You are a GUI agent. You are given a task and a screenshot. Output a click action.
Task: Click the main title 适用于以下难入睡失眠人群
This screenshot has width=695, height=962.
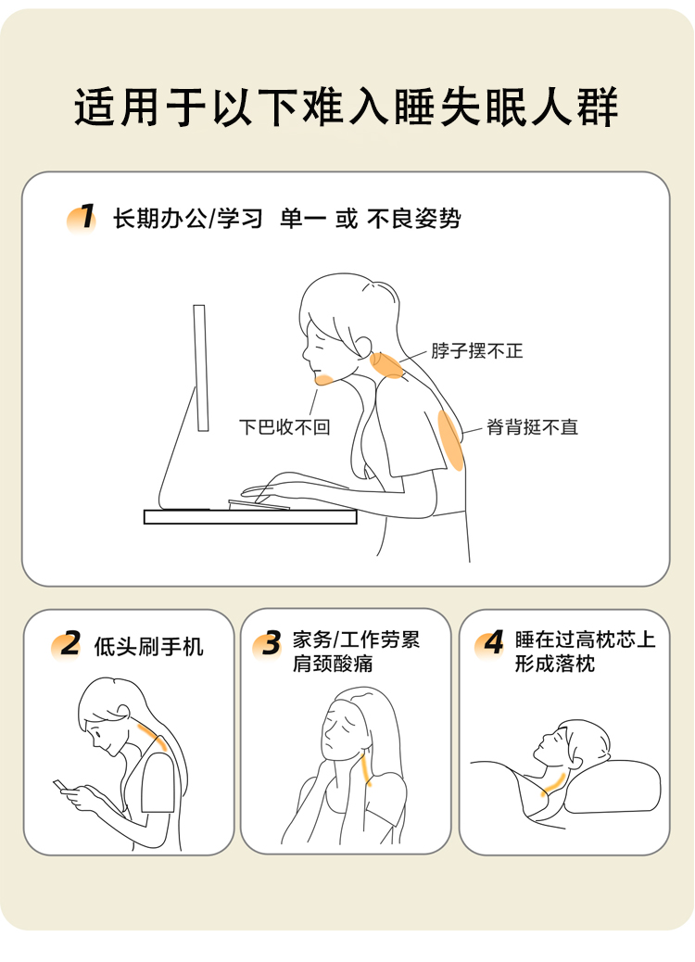(347, 107)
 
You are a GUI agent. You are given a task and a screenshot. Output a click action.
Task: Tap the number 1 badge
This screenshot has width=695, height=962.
(82, 219)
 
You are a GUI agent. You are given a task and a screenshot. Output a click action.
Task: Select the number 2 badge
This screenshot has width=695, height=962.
(66, 645)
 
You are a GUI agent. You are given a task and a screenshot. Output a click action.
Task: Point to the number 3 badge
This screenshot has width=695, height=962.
(268, 644)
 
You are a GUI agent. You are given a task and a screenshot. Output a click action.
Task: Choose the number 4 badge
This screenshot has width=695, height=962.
(490, 643)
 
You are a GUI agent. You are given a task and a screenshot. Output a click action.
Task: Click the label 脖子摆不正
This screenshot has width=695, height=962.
(476, 351)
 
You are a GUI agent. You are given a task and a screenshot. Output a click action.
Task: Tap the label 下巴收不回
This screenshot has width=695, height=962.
(284, 426)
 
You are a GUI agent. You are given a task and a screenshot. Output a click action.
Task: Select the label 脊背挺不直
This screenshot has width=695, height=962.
(533, 427)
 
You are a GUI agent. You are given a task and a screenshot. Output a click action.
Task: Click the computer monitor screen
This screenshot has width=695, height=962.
(200, 368)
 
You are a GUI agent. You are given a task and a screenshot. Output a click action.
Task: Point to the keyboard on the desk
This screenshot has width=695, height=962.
(259, 505)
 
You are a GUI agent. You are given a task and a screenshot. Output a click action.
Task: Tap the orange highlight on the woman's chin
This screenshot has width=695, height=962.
(323, 379)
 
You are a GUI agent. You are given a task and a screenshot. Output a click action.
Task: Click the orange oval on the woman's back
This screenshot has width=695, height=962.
(451, 440)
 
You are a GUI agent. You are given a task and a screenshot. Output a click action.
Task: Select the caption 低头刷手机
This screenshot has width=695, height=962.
(148, 647)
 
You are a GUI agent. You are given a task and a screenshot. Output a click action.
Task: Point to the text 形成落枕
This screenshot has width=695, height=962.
(555, 664)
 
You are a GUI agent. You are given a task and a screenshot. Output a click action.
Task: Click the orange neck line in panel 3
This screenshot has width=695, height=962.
(366, 770)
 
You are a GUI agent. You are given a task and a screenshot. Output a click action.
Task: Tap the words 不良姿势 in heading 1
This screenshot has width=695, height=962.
(414, 219)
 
